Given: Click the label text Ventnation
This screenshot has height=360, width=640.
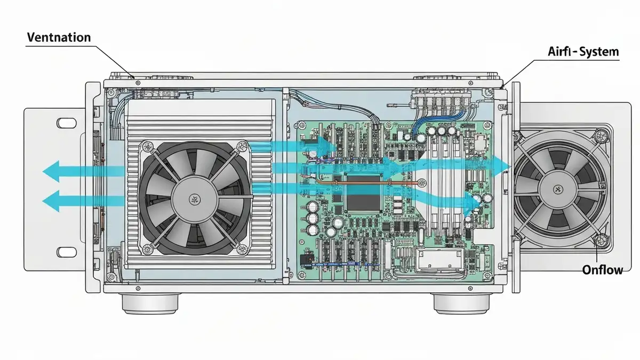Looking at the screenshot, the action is (x=59, y=37).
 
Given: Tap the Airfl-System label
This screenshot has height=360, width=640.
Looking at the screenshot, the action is (x=583, y=51).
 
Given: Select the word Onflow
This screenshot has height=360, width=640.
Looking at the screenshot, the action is (x=603, y=270).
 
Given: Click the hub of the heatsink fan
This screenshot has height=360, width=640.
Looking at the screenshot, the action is (x=195, y=199).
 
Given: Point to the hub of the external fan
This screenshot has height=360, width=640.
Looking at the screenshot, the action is (x=557, y=189).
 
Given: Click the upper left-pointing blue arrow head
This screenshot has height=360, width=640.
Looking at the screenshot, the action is (x=51, y=171).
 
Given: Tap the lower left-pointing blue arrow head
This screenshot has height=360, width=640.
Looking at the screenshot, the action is (x=51, y=201).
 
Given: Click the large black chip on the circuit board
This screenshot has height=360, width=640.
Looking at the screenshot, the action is (x=363, y=193).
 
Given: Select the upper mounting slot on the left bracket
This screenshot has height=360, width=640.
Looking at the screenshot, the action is (x=67, y=123).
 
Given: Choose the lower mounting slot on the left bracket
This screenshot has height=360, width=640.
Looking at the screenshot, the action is (x=67, y=252).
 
